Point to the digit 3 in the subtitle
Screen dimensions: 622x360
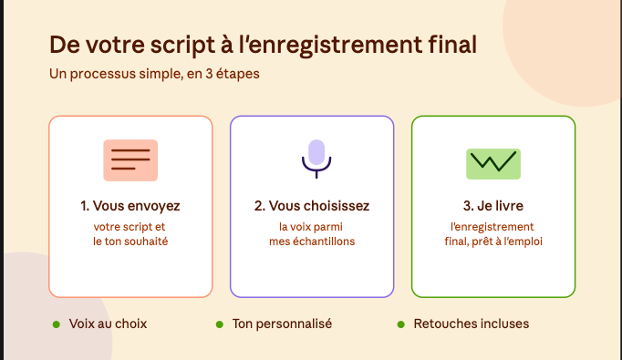coord(209,74)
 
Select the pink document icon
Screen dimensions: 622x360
coord(130,160)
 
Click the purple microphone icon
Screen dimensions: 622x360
coord(316,159)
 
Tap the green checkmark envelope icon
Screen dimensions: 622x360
coord(493,164)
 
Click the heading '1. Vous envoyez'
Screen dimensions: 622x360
coord(130,206)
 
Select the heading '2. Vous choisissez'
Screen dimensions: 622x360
coord(312,206)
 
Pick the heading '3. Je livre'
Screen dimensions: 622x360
coord(493,206)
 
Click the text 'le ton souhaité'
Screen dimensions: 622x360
coord(130,242)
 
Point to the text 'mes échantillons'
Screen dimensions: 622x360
coord(312,242)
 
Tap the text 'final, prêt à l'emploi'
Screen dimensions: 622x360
coord(493,242)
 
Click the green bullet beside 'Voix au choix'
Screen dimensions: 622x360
coord(57,324)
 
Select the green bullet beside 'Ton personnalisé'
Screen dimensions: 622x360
coord(220,324)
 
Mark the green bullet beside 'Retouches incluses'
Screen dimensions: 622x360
coord(401,324)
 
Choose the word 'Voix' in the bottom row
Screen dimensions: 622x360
coord(82,324)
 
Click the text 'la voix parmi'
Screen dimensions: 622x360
coord(311,227)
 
